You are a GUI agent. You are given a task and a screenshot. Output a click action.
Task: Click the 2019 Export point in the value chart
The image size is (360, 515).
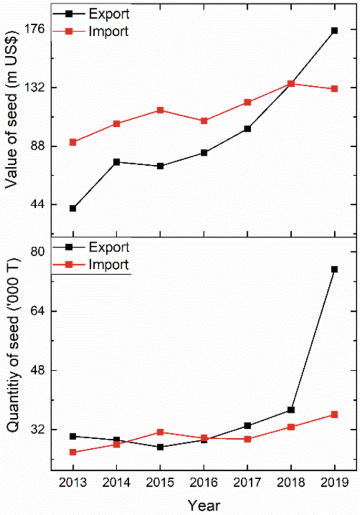click(334, 31)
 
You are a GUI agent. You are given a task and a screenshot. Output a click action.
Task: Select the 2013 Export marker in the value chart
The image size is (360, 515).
click(73, 208)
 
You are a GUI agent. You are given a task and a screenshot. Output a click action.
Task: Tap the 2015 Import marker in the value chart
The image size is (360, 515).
click(160, 110)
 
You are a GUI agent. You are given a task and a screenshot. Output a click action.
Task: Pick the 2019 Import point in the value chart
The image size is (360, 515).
click(334, 89)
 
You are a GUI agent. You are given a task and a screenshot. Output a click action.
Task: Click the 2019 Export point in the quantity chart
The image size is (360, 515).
click(334, 269)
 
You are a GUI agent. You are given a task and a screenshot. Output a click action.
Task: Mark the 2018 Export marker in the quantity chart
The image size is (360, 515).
click(291, 410)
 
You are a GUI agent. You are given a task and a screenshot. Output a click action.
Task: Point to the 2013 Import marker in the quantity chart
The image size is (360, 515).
click(73, 452)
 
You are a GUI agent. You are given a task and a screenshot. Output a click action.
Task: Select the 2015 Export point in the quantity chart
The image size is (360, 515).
click(160, 447)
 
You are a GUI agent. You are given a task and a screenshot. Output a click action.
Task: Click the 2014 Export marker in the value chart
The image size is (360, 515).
click(117, 162)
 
